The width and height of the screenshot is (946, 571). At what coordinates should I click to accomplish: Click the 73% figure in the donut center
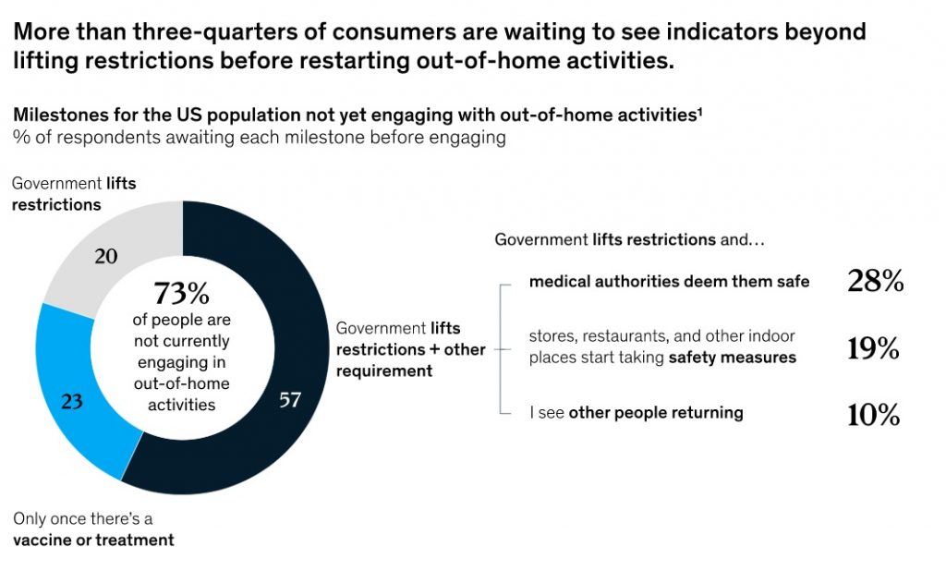click(x=182, y=294)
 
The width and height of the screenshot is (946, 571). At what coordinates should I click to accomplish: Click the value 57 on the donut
click(x=290, y=401)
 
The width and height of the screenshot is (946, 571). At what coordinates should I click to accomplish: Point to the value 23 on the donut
click(x=73, y=401)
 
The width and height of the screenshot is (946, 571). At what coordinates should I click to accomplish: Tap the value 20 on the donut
click(x=106, y=256)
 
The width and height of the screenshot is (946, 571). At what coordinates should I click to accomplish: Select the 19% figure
click(x=874, y=348)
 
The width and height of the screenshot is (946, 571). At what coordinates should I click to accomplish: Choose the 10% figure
click(x=874, y=415)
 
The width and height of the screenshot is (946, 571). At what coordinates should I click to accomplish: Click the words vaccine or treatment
click(x=93, y=540)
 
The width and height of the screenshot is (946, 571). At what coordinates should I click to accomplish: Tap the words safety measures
click(x=732, y=358)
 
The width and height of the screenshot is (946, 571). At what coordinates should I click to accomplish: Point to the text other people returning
click(x=655, y=413)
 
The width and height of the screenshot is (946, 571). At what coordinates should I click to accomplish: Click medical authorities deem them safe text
click(x=669, y=282)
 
